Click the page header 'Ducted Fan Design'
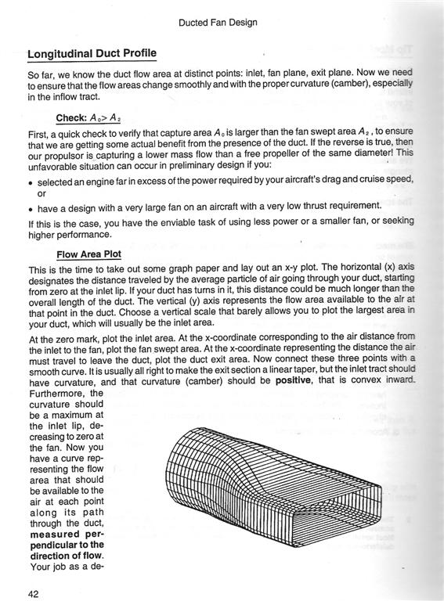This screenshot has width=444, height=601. (x=222, y=23)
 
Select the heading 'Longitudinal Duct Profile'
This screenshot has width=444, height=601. (x=92, y=54)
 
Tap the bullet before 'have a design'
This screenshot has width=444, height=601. (x=31, y=207)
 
